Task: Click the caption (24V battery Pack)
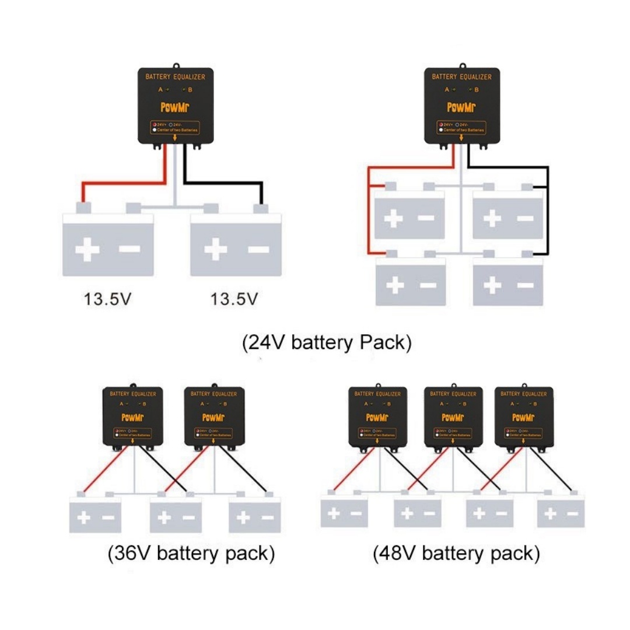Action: coord(327,343)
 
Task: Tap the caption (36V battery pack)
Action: coord(191,553)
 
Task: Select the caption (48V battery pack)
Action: coord(456,553)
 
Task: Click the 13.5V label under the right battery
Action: coord(233,299)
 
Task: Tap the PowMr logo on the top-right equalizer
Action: coord(461,107)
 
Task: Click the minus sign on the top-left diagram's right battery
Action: coord(258,250)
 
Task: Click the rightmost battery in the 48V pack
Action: coord(561,514)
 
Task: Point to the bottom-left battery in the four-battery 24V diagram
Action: coord(410,284)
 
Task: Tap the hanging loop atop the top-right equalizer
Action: coord(462,66)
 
